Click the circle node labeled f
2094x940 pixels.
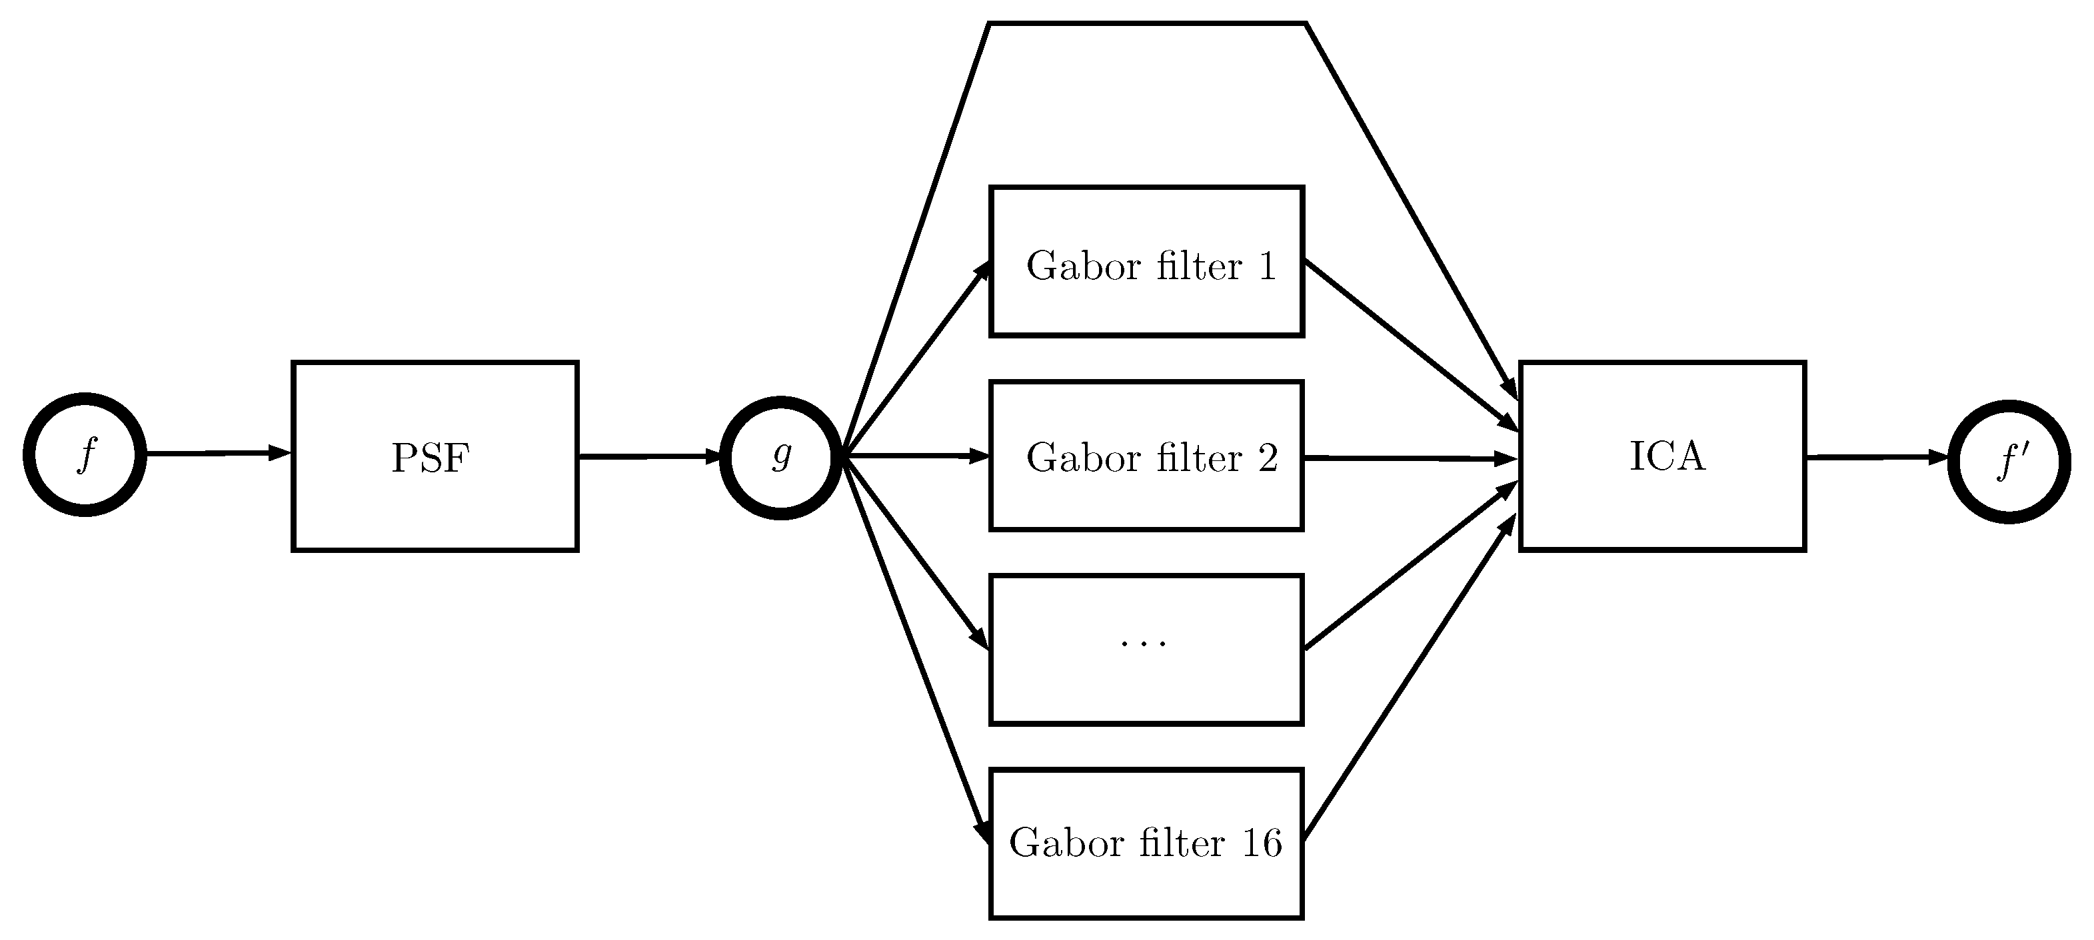click(x=85, y=454)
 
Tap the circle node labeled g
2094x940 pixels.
click(x=780, y=458)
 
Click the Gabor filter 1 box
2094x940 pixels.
click(x=1146, y=262)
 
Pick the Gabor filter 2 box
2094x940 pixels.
click(x=1146, y=456)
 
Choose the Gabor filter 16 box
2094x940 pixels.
click(x=1146, y=843)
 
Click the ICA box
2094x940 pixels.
click(x=1662, y=456)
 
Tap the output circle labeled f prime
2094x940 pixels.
click(x=2009, y=462)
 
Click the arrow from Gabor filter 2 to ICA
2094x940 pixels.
click(x=1410, y=459)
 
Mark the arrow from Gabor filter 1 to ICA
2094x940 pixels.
click(x=1410, y=344)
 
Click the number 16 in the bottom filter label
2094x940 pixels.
click(x=1262, y=843)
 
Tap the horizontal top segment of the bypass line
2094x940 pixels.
click(x=1146, y=23)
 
